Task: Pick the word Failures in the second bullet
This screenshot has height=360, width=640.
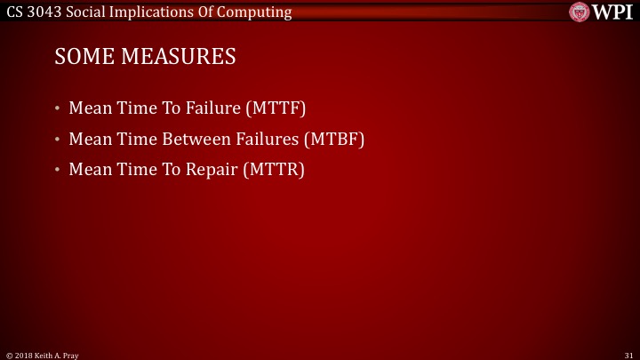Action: click(x=266, y=140)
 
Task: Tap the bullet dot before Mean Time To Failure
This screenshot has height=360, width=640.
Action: click(x=57, y=110)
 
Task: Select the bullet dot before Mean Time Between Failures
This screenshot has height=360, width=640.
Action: click(x=57, y=140)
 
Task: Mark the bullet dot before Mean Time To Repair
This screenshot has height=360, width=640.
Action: click(x=57, y=170)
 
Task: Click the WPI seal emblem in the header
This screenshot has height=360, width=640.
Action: click(x=580, y=11)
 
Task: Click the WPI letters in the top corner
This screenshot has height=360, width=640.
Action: click(x=614, y=11)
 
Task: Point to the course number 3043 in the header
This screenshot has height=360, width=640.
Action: click(x=44, y=11)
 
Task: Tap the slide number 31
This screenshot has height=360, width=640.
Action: click(x=628, y=355)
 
